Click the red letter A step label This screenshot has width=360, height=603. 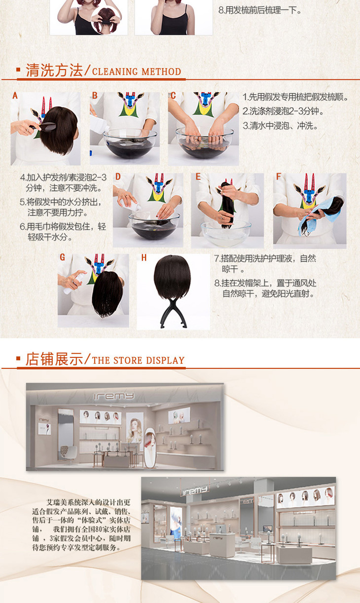(15, 96)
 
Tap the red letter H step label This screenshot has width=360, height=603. (144, 258)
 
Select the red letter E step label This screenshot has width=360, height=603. (198, 177)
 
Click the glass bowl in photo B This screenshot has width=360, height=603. (130, 143)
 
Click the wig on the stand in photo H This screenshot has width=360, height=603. (172, 277)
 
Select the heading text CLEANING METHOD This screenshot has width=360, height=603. (137, 72)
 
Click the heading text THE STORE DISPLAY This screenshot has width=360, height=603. (139, 360)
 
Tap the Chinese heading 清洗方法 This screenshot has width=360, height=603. (54, 71)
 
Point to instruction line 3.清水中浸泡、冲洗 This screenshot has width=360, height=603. (280, 125)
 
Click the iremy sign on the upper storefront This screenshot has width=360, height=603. (114, 396)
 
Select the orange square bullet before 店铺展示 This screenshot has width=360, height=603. (18, 358)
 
